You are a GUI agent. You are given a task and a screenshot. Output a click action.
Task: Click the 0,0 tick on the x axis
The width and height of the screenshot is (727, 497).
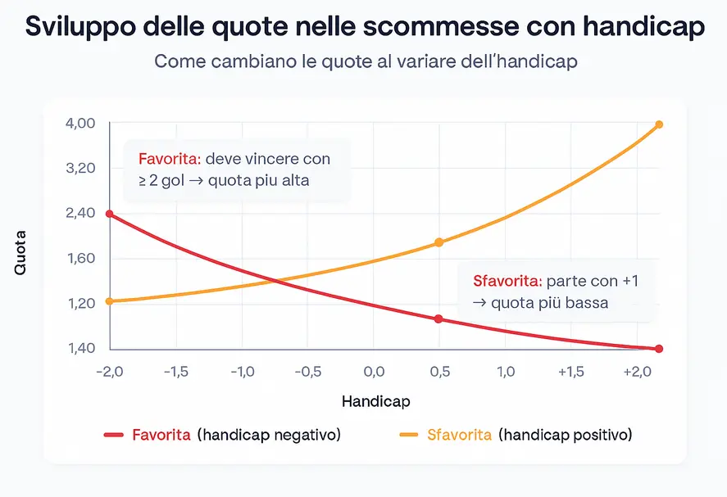coord(373,372)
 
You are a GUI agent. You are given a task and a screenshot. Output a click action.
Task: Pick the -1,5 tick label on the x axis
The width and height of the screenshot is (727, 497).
coord(175,372)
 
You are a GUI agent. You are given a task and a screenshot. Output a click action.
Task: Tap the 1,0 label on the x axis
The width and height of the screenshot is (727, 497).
coord(506,372)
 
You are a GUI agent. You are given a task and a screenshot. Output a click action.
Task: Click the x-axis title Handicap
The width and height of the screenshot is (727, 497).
coord(375,402)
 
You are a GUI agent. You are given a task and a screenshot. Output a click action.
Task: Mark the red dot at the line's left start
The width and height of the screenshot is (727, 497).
coord(110,215)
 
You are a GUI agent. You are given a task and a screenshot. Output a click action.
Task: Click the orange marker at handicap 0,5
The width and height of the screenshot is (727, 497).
coord(439,242)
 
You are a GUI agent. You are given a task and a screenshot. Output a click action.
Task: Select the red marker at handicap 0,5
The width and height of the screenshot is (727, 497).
coord(439,319)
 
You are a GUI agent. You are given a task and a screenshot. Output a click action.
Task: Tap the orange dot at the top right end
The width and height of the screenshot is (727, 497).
coord(659,124)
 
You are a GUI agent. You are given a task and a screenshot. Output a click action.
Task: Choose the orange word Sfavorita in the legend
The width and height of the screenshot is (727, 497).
coord(459,435)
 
